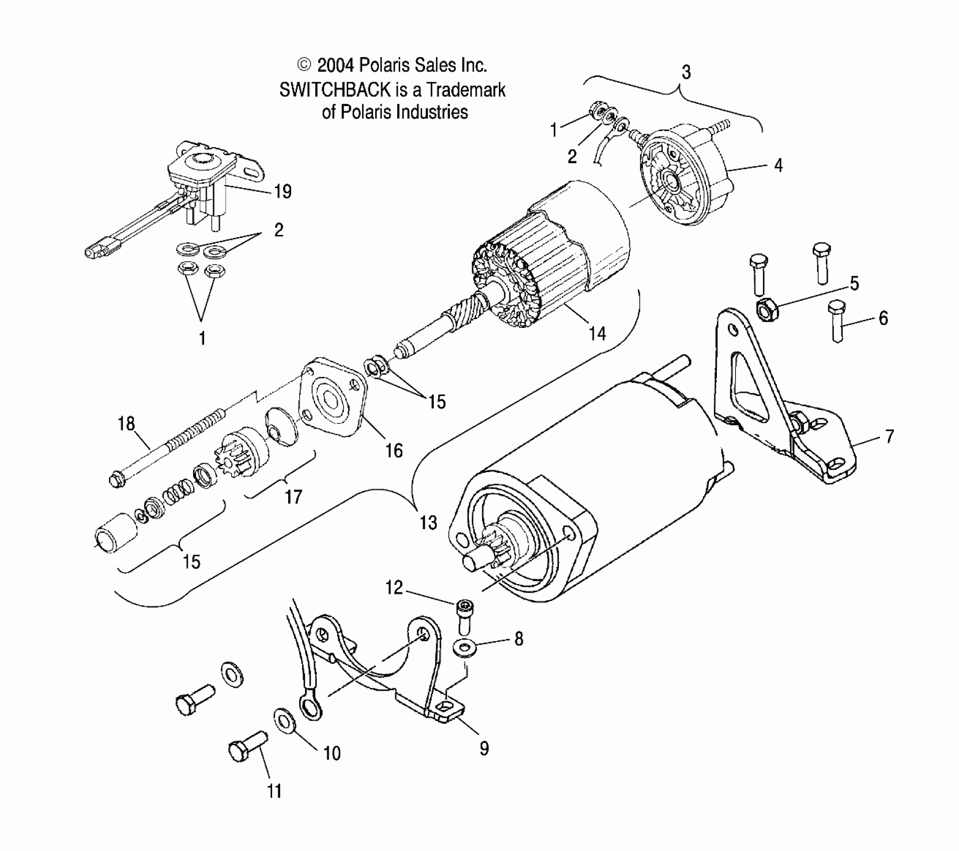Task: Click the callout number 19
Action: (283, 192)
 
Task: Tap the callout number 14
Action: (597, 333)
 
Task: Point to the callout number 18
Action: (126, 424)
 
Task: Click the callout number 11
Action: (274, 791)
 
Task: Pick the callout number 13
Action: (428, 523)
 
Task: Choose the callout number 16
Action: (394, 451)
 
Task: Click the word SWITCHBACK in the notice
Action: (334, 90)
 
